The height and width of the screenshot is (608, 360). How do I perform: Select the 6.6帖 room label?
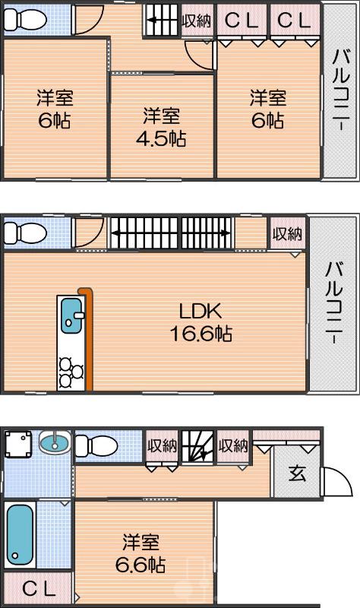coord(142,554)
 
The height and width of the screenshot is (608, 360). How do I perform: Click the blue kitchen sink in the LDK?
coord(71,315)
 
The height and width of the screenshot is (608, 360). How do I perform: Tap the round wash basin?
coord(53,442)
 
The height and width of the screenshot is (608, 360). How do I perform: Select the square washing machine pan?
coord(17,445)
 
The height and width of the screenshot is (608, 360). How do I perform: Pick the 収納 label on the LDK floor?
coord(288,234)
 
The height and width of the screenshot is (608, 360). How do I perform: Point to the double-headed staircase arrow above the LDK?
coord(171,233)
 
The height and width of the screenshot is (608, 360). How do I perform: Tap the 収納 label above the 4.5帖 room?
coord(197,21)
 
